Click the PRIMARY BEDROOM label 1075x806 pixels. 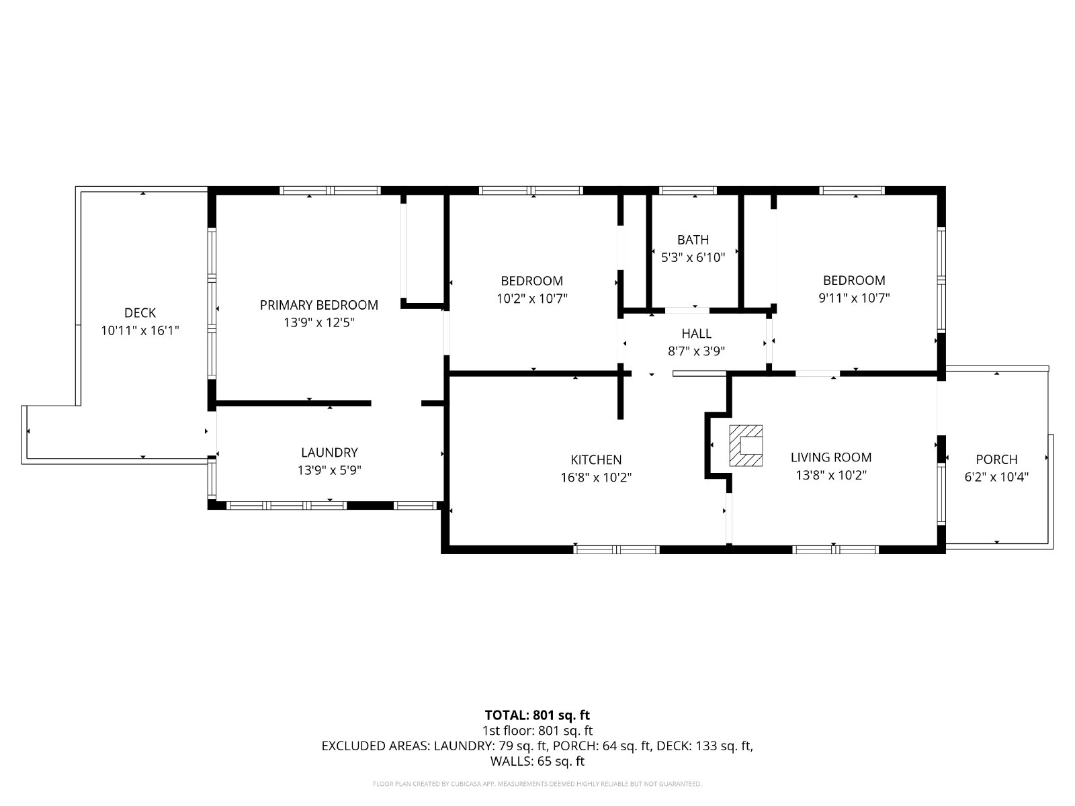319,305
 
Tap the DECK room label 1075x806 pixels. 140,313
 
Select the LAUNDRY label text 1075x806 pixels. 329,452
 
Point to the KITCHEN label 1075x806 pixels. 596,459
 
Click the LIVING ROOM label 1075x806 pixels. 831,457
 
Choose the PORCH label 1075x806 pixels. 996,459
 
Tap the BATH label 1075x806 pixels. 693,240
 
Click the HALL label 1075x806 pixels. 697,334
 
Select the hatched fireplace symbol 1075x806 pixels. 746,445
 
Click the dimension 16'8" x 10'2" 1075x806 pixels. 596,477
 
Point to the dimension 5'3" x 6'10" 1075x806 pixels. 693,257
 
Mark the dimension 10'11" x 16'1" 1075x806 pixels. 140,330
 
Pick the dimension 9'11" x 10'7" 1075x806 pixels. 854,298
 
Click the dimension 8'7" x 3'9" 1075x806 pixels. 697,351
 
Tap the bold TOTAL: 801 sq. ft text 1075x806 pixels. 537,715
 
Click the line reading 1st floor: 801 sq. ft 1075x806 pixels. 537,731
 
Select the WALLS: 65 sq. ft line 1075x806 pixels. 537,761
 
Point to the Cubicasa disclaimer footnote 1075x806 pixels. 537,784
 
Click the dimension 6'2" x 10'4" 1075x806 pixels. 996,477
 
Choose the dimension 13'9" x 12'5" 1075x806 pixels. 319,322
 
